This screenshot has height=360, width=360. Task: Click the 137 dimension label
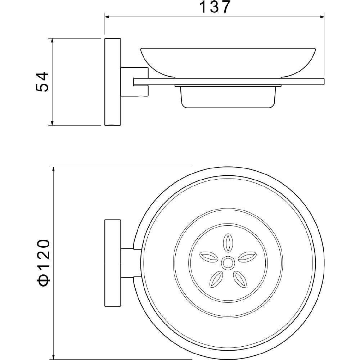point(215,7)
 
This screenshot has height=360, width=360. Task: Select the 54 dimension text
point(43,82)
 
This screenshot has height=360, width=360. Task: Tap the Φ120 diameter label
point(44,263)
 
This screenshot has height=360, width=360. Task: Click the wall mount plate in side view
point(113,82)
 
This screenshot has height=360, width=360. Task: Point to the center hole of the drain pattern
point(228,263)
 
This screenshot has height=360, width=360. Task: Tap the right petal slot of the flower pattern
point(247,257)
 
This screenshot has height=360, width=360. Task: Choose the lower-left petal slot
point(216,279)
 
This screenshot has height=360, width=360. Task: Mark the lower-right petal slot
point(240,279)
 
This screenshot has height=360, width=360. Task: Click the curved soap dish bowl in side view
point(228,62)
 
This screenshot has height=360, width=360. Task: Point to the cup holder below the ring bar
point(228,96)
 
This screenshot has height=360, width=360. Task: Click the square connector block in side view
point(135,81)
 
